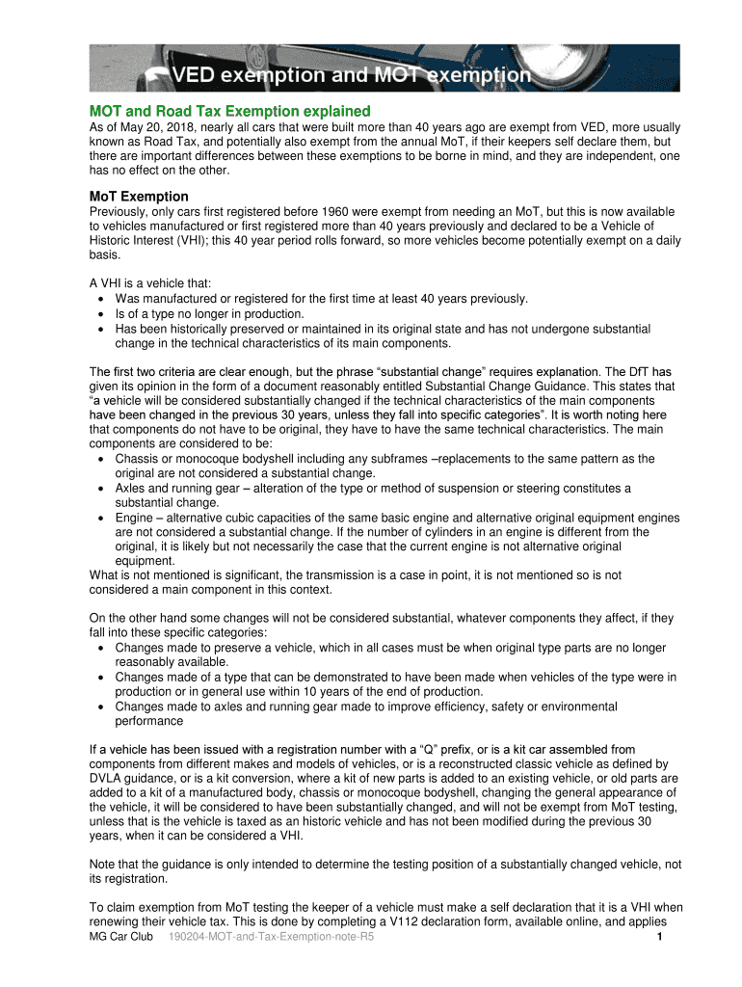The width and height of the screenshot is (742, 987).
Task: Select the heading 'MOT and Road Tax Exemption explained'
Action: click(229, 111)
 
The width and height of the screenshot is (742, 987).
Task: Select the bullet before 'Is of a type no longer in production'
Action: click(101, 313)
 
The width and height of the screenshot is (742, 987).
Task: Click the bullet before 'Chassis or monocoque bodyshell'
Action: click(101, 459)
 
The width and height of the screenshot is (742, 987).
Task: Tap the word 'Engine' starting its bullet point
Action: click(136, 518)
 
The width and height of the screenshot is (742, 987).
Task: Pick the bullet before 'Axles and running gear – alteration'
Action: click(101, 489)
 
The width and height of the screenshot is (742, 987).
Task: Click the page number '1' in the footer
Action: click(656, 937)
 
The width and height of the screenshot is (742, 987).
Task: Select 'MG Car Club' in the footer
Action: click(120, 937)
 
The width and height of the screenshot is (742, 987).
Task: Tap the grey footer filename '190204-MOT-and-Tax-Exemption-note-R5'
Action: click(271, 937)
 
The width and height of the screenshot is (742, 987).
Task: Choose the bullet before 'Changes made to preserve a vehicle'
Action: click(101, 648)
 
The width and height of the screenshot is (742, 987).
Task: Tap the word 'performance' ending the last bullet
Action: click(148, 721)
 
